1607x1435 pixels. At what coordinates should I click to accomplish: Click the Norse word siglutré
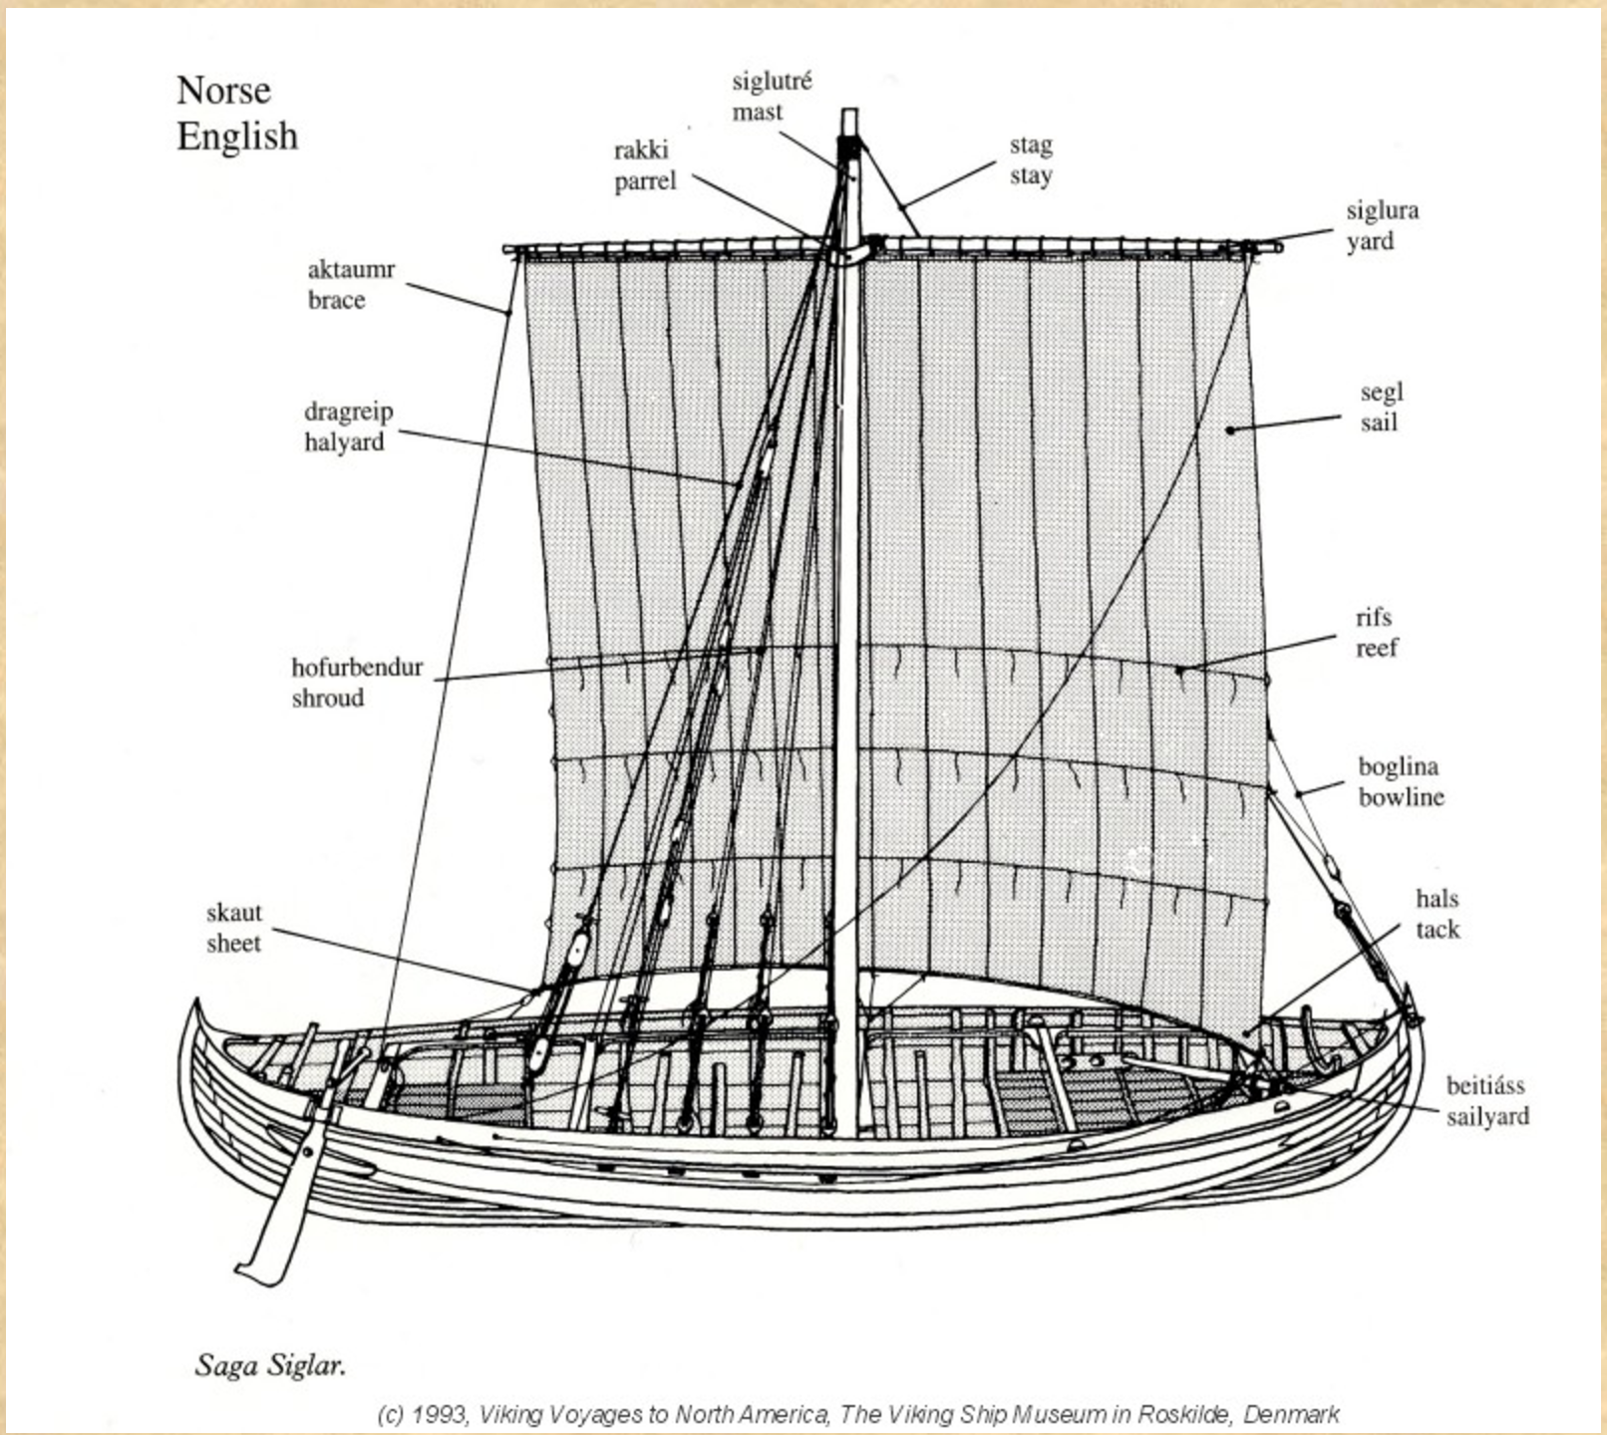[x=772, y=82]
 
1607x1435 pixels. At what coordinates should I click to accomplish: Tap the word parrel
[x=645, y=181]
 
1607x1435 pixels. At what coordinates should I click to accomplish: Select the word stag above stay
[x=1031, y=145]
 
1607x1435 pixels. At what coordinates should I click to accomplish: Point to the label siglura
[x=1382, y=210]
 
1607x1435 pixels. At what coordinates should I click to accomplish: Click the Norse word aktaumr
[x=351, y=269]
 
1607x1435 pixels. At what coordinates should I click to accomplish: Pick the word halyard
[x=344, y=442]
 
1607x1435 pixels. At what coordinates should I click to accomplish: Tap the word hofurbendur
[x=357, y=667]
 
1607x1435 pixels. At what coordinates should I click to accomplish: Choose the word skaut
[x=234, y=913]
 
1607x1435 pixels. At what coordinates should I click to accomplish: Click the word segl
[x=1381, y=392]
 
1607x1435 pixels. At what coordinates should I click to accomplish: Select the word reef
[x=1376, y=648]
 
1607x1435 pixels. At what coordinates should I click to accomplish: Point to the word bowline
[x=1401, y=797]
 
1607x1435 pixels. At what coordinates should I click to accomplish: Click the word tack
[x=1438, y=930]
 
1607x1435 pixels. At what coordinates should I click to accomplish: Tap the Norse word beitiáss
[x=1485, y=1085]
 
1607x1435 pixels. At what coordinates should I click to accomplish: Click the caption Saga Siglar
[x=270, y=1365]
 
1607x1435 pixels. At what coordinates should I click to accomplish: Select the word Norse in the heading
[x=223, y=91]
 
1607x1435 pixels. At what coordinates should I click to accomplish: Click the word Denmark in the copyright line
[x=1291, y=1414]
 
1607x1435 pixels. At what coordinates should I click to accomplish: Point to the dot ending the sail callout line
[x=1231, y=430]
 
